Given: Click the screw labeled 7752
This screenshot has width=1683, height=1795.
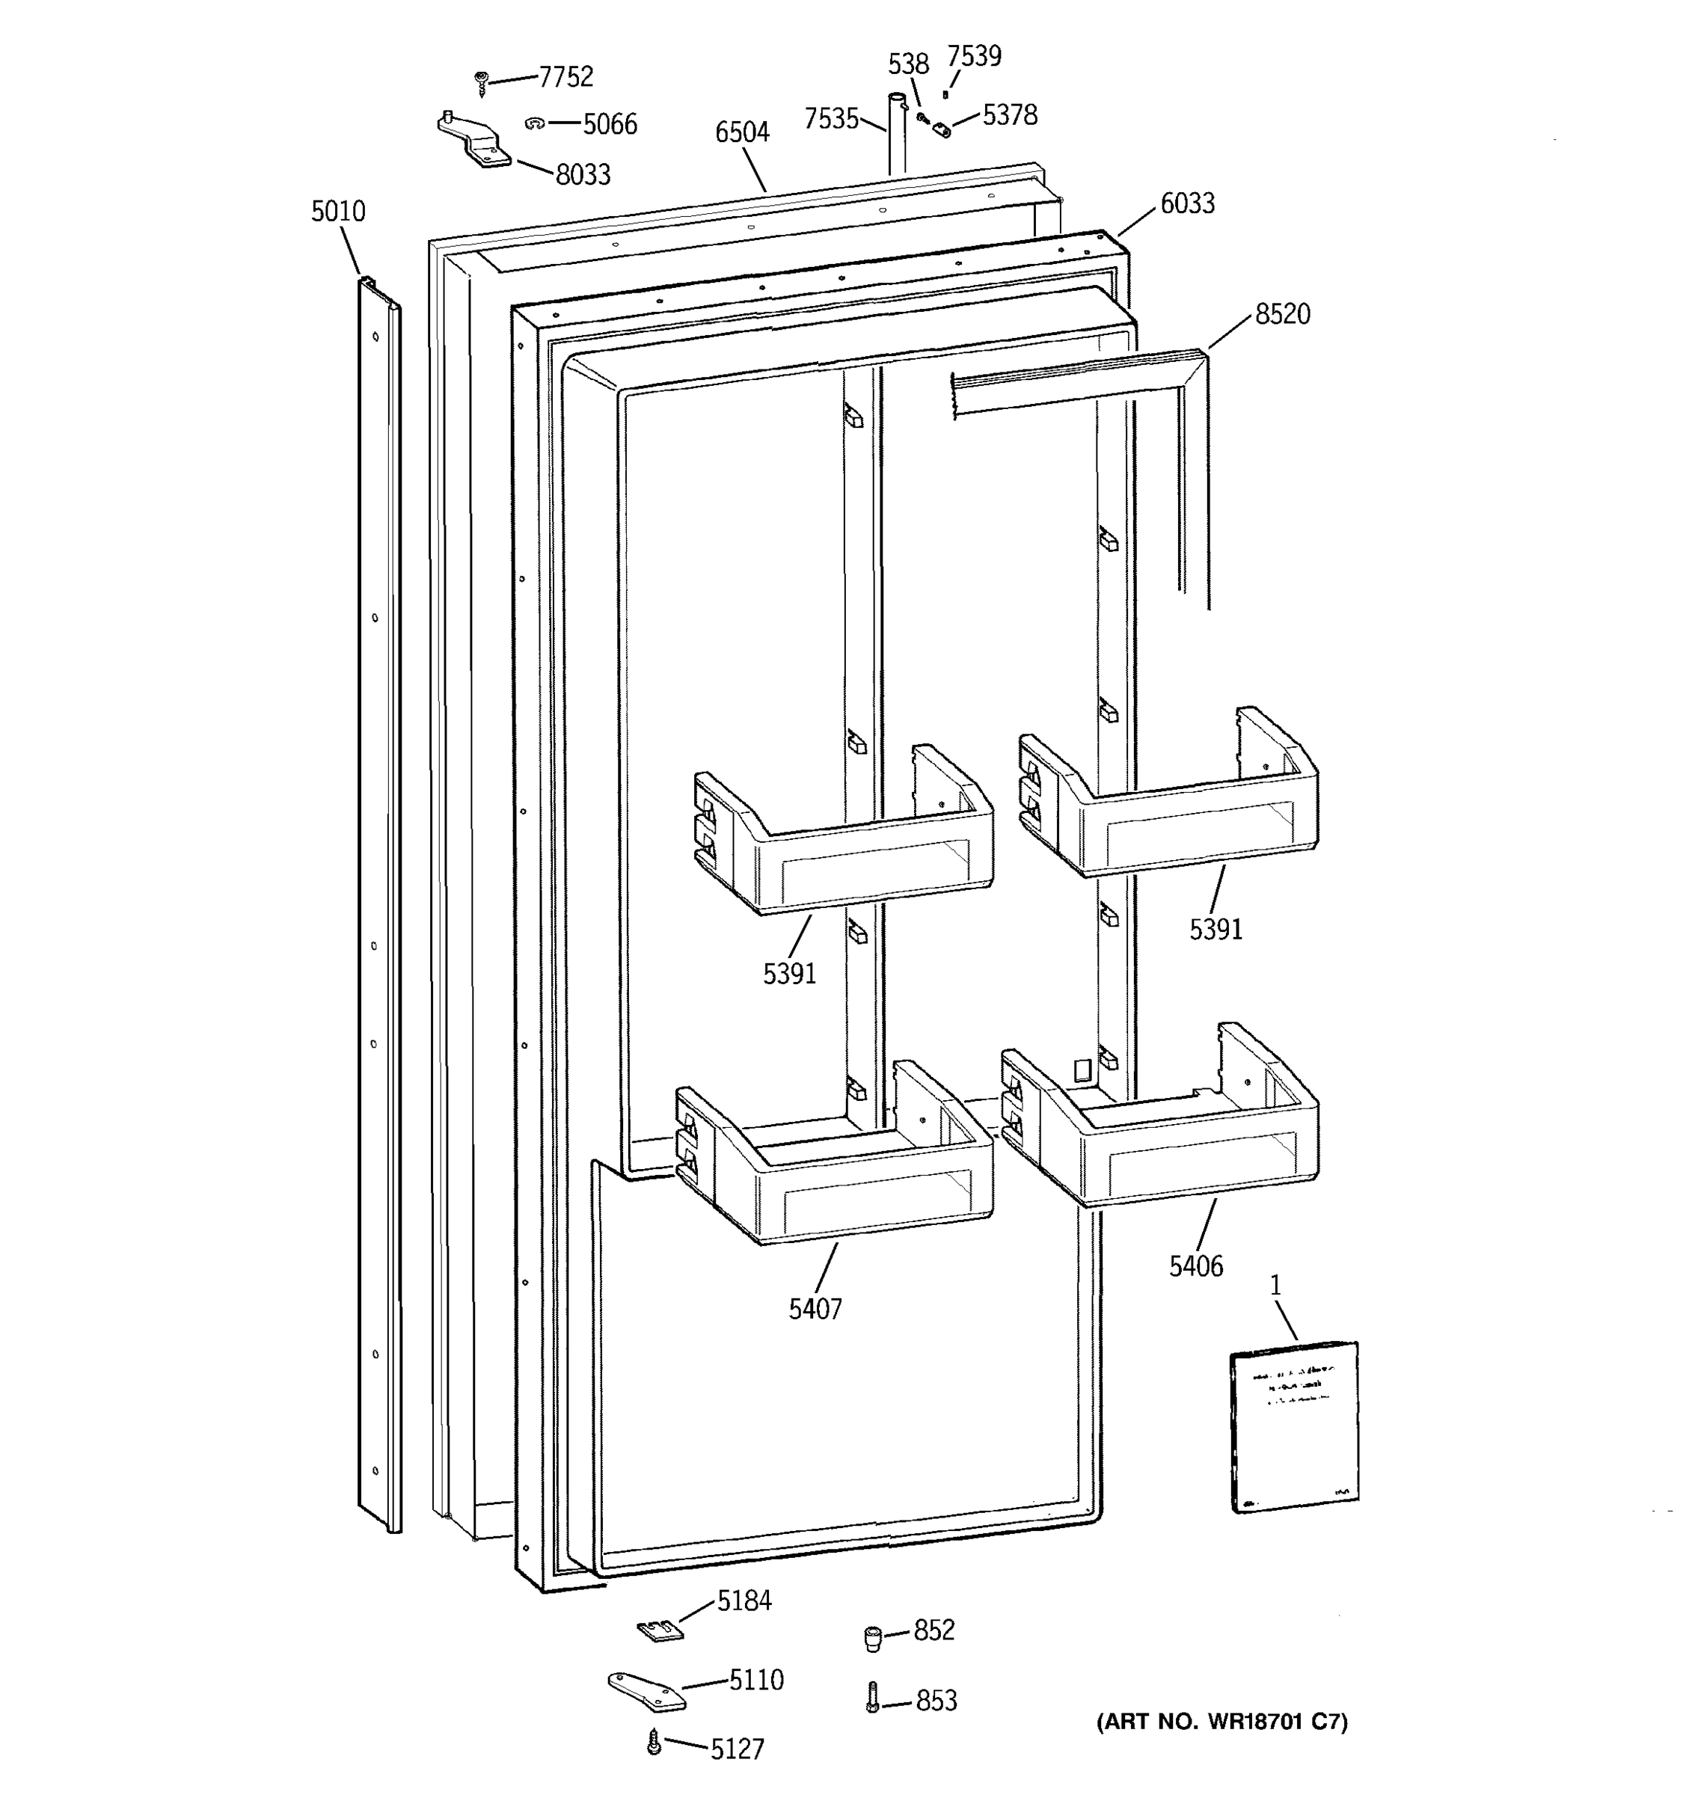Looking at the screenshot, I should click(x=481, y=84).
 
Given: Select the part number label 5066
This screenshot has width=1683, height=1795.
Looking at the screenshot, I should click(x=610, y=123).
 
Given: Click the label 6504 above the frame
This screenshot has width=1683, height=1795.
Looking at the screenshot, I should click(x=741, y=132).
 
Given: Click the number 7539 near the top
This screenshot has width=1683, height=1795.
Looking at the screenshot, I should click(x=973, y=56).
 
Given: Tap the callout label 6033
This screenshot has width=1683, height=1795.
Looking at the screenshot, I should click(x=1186, y=203).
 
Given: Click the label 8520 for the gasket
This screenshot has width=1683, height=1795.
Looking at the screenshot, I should click(x=1282, y=314).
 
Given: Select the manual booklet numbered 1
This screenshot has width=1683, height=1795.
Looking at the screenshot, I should click(x=1294, y=1426).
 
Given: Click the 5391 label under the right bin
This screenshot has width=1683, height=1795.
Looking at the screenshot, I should click(x=1215, y=929).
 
